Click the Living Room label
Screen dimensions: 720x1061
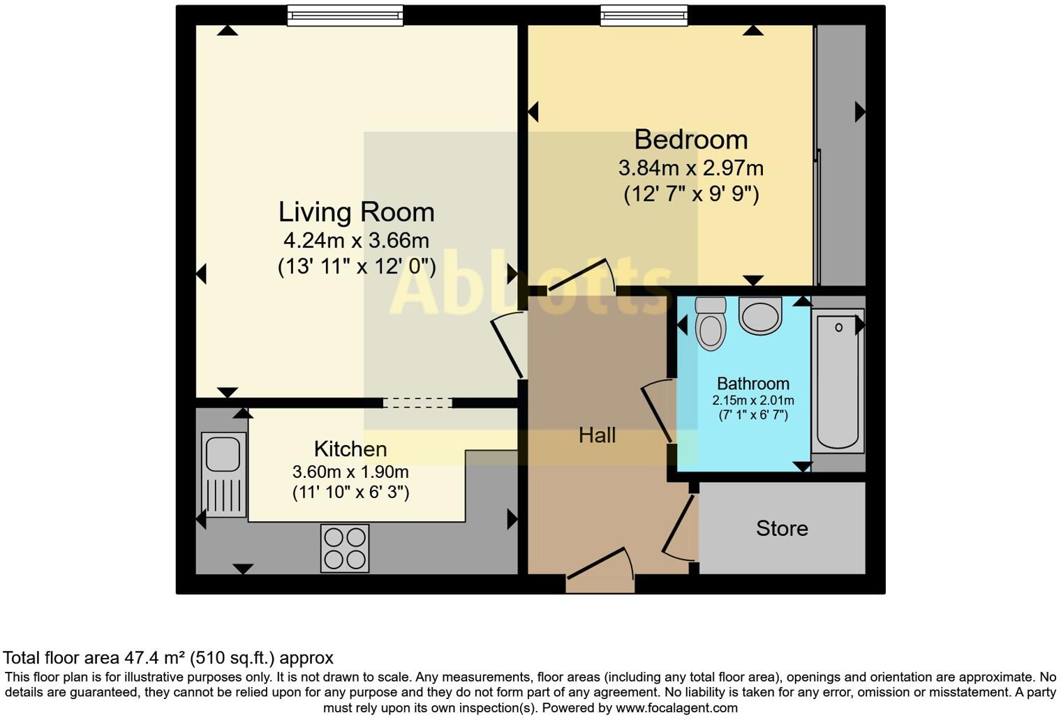coord(356,212)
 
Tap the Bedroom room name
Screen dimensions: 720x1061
coord(690,140)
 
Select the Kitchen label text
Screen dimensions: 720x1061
coord(350,449)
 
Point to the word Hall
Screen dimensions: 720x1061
coord(597,435)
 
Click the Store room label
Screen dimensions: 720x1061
coord(782,528)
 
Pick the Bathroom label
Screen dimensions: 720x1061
coord(753,384)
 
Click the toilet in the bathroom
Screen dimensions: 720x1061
coord(711,324)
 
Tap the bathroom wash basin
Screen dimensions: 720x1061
coord(760,316)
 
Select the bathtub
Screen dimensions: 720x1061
coord(838,380)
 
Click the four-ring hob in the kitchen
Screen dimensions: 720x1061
coord(345,548)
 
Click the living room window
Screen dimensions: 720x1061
coord(345,15)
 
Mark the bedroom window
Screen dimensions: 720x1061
coord(644,15)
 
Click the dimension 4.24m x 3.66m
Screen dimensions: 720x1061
coord(356,241)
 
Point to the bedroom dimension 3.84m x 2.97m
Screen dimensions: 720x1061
coord(690,168)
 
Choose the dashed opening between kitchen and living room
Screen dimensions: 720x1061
coord(417,403)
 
